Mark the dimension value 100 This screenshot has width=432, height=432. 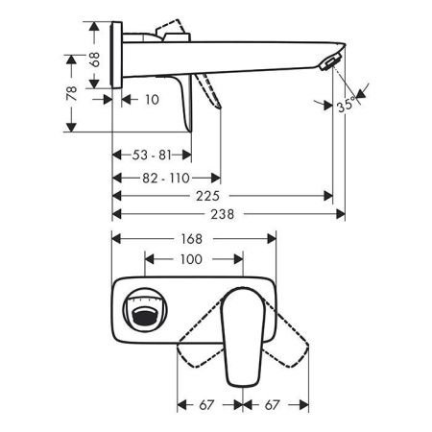pyautogui.click(x=191, y=260)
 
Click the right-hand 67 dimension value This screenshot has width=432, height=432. pyautogui.click(x=275, y=406)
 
